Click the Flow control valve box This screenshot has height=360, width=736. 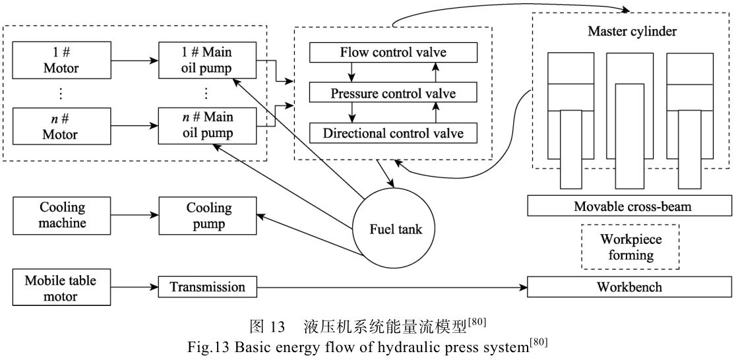click(392, 52)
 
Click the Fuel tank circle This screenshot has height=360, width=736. click(395, 229)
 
